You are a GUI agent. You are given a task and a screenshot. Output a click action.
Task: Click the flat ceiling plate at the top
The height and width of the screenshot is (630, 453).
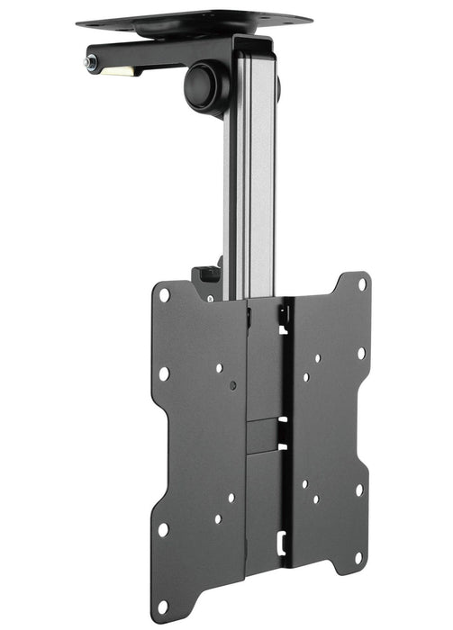[194, 19]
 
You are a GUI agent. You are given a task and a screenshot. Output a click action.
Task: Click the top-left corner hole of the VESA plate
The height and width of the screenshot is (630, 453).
[164, 294]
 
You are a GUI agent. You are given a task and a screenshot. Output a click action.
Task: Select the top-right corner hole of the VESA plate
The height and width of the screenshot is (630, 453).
[361, 283]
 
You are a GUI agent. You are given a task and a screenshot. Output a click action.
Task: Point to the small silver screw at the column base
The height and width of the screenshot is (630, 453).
[211, 298]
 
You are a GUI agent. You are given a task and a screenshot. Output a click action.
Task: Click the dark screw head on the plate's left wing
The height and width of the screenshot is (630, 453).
[232, 384]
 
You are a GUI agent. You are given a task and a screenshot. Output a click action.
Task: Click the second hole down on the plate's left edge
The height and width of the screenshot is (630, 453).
[164, 373]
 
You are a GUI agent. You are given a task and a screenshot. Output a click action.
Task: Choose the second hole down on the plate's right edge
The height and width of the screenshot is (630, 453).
[360, 353]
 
